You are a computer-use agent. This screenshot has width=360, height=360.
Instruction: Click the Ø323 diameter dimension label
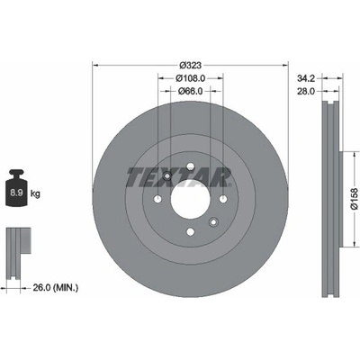pyautogui.click(x=190, y=65)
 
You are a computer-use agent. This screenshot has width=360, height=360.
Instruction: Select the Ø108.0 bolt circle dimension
pyautogui.click(x=191, y=78)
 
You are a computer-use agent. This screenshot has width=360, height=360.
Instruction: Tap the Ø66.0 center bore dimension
pyautogui.click(x=191, y=91)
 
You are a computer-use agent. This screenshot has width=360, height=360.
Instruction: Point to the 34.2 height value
pyautogui.click(x=306, y=78)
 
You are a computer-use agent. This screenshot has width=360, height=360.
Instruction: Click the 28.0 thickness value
pyautogui.click(x=306, y=91)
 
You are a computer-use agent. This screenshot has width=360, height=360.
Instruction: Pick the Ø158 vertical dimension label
pyautogui.click(x=355, y=199)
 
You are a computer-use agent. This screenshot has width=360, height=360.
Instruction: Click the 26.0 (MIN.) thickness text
pyautogui.click(x=55, y=288)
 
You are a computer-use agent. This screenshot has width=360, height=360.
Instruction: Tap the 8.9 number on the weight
pyautogui.click(x=17, y=193)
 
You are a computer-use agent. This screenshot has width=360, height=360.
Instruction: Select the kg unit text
pyautogui.click(x=35, y=193)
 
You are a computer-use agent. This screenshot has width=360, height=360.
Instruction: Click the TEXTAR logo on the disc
pyautogui.click(x=179, y=177)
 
